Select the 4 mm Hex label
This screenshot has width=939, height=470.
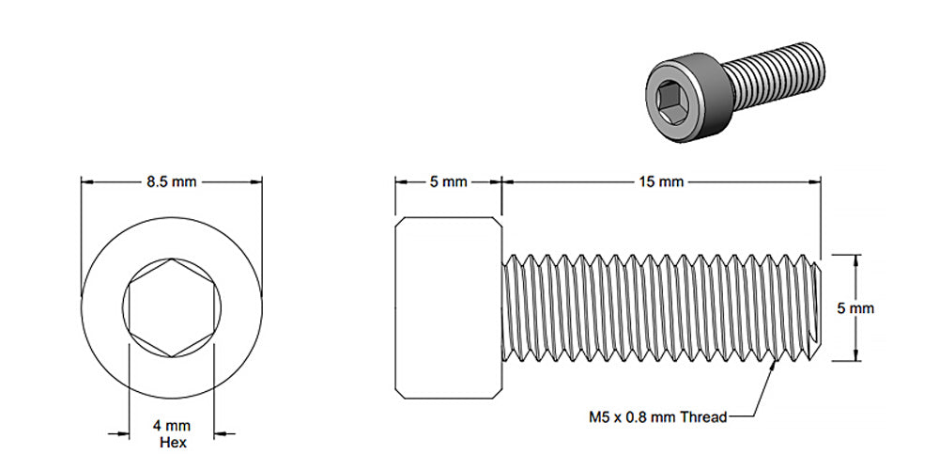pos(172,434)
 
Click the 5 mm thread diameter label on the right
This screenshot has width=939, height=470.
pos(855,307)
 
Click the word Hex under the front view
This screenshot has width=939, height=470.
pos(172,442)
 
